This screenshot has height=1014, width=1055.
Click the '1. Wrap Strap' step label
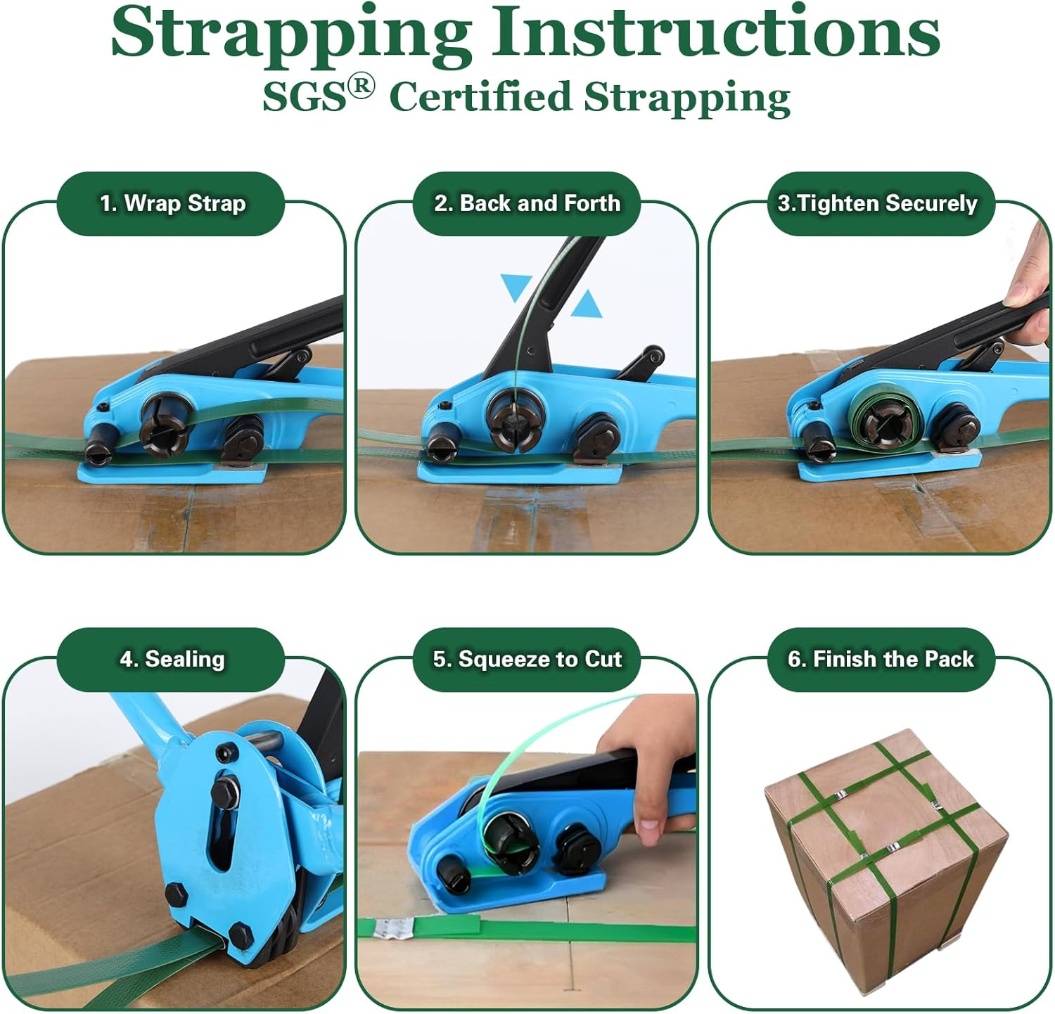[172, 204]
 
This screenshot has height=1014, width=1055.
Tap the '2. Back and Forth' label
[527, 204]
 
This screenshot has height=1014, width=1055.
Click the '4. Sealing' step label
[172, 660]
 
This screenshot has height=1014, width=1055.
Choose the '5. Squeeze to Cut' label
[527, 660]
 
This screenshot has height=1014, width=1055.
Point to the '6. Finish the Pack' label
[881, 660]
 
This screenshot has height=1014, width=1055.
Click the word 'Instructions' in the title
[715, 34]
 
